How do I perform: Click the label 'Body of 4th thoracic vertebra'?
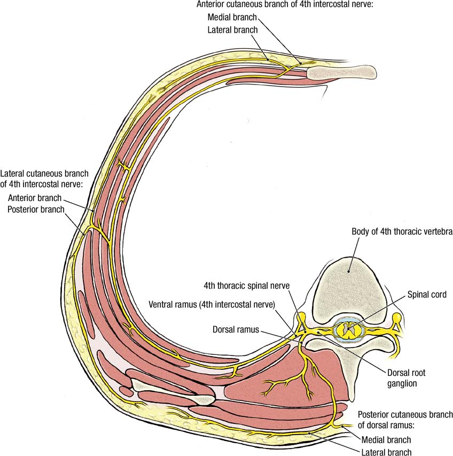point(402,232)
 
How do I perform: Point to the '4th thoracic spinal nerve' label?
point(246,287)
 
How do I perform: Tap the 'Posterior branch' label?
point(36,208)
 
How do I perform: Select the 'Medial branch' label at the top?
point(232,18)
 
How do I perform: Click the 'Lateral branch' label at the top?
point(232,30)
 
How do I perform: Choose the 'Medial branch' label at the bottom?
point(386,439)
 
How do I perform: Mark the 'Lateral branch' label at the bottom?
point(386,452)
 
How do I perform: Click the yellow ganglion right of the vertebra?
point(396,319)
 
